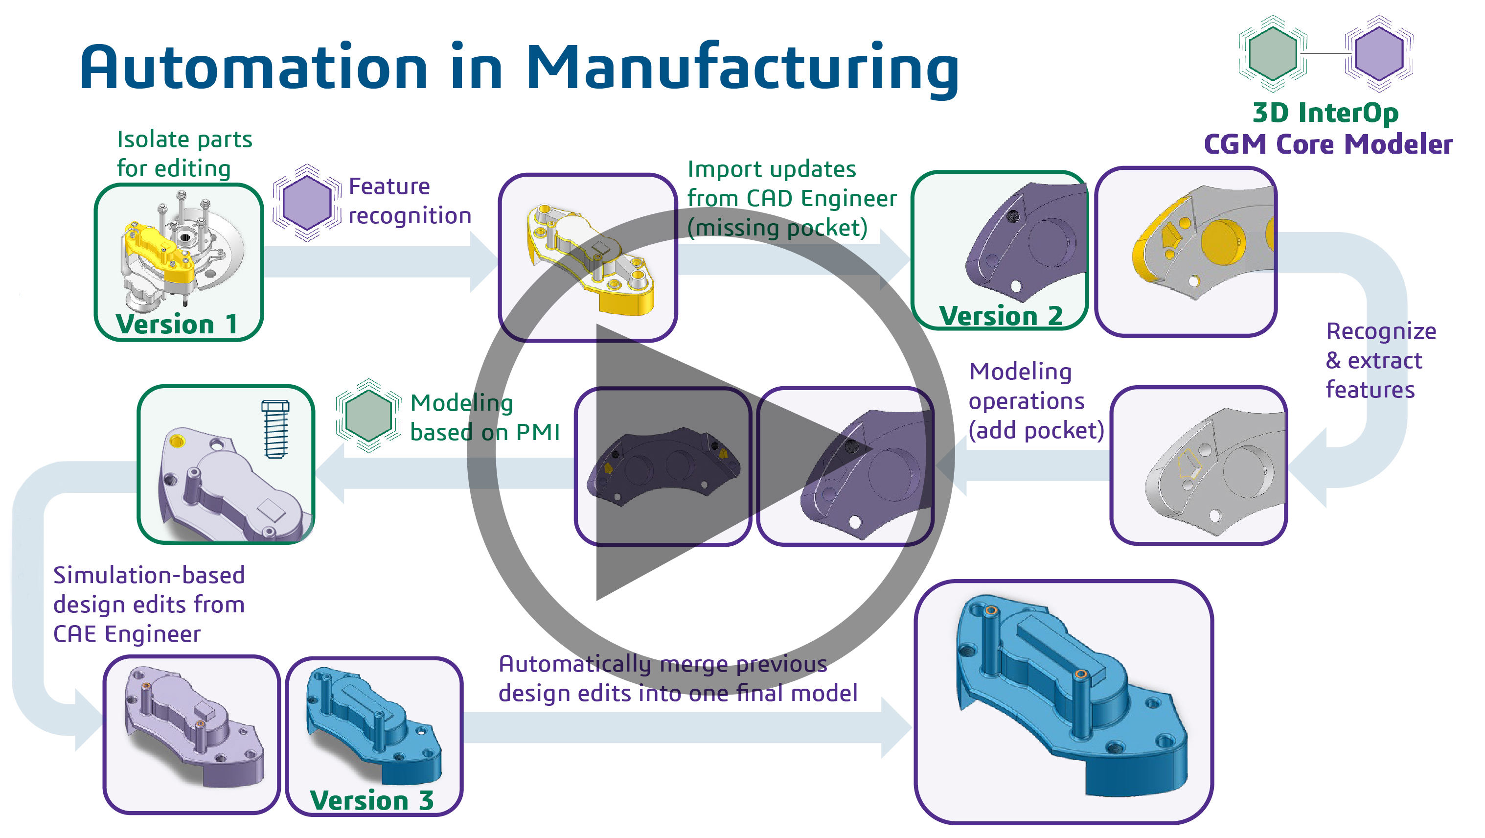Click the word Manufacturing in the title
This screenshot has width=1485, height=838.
(x=743, y=68)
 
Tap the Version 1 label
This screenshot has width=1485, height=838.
(x=177, y=324)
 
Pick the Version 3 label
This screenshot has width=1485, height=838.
(x=372, y=800)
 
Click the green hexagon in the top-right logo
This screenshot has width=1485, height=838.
(x=1272, y=54)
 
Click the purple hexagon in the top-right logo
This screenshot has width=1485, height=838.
(x=1379, y=54)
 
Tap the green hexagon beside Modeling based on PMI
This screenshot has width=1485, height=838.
(x=368, y=415)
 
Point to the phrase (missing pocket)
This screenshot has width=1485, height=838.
(x=777, y=228)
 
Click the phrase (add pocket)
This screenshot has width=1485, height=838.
(x=1036, y=431)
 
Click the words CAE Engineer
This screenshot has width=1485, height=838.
(x=127, y=634)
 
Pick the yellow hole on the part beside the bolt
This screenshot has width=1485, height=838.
(x=177, y=442)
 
